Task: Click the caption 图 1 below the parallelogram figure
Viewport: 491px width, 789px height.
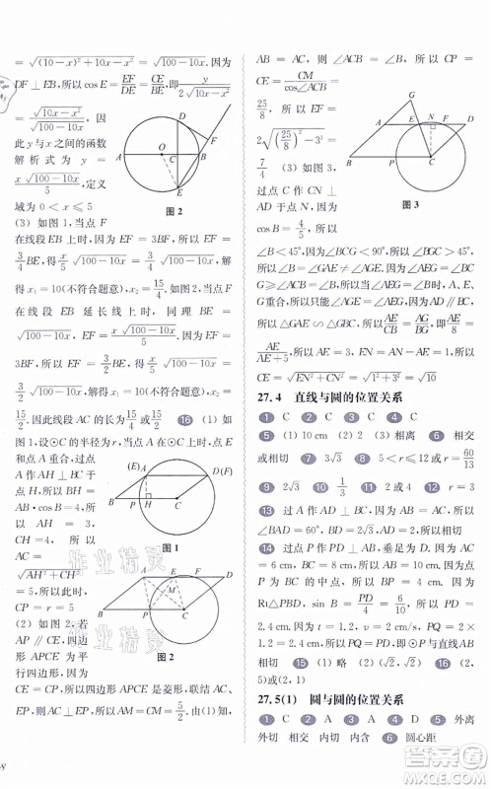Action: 168,546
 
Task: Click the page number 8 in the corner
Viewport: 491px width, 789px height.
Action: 6,766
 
